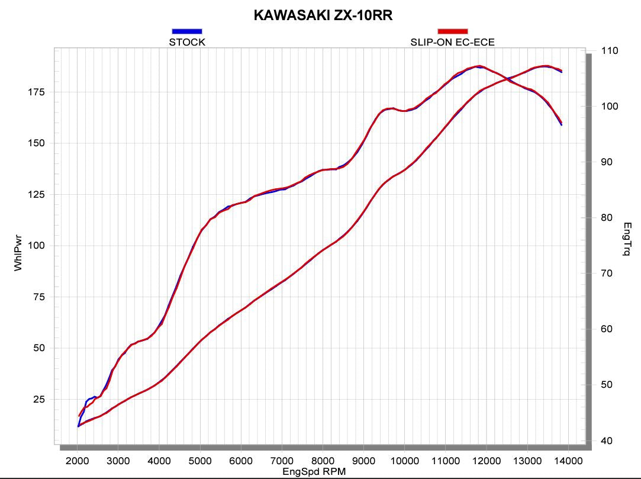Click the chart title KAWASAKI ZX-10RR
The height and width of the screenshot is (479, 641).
point(323,15)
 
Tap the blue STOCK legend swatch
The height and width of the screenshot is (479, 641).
point(187,31)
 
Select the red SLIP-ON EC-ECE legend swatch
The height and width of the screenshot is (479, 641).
point(453,31)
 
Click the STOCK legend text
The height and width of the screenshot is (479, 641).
point(187,42)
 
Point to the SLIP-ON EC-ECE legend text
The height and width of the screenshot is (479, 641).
point(453,42)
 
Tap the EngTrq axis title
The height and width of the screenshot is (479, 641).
point(627,239)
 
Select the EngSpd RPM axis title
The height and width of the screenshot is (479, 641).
point(314,472)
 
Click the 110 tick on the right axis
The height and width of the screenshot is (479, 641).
point(610,51)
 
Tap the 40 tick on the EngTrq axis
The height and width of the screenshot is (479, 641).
point(607,441)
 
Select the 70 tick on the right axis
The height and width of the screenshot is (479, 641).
point(607,274)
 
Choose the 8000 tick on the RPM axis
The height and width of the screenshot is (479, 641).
point(323,461)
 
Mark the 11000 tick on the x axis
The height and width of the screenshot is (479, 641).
point(445,461)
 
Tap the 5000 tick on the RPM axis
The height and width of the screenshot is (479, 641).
point(200,461)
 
